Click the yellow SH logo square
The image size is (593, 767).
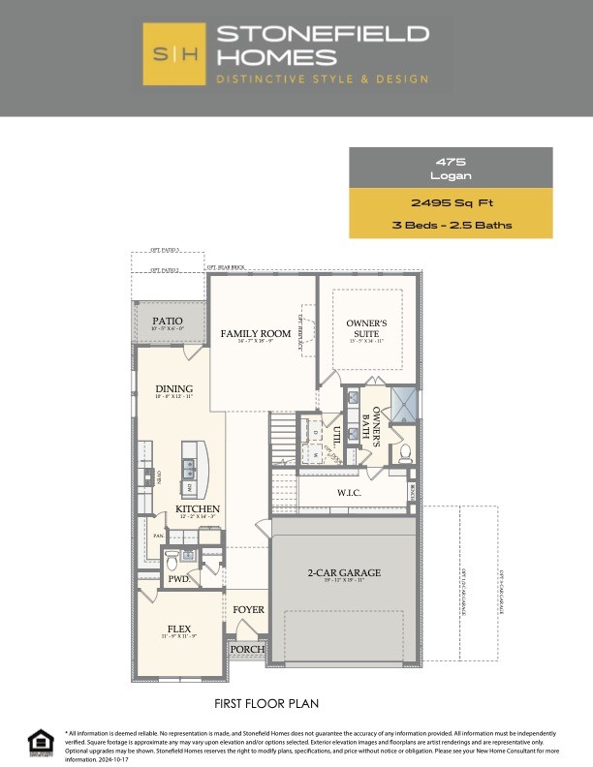pyautogui.click(x=174, y=54)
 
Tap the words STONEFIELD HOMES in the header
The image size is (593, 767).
pyautogui.click(x=324, y=45)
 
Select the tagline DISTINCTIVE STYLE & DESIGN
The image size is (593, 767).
pyautogui.click(x=324, y=78)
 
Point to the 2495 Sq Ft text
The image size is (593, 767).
pyautogui.click(x=451, y=203)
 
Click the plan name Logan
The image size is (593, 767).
pyautogui.click(x=451, y=176)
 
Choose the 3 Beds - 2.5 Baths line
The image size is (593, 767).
pyautogui.click(x=451, y=226)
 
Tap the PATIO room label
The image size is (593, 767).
pyautogui.click(x=169, y=321)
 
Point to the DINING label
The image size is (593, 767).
pyautogui.click(x=174, y=389)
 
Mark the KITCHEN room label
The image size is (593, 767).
pyautogui.click(x=197, y=509)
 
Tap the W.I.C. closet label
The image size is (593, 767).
pyautogui.click(x=350, y=492)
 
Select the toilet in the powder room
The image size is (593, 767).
pyautogui.click(x=172, y=559)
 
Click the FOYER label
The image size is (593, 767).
pyautogui.click(x=248, y=610)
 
